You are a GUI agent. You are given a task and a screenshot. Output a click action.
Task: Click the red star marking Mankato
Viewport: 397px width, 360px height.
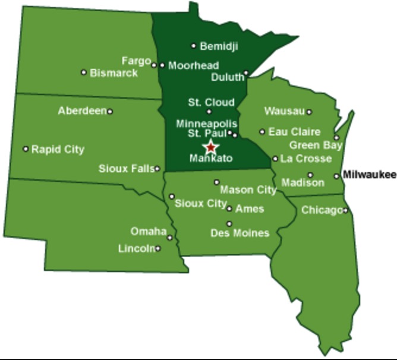[x=210, y=147]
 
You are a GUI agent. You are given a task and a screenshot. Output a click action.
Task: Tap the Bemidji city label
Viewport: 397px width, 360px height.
[x=219, y=46]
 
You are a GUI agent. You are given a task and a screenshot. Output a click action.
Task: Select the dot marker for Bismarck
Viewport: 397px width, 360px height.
[x=84, y=72]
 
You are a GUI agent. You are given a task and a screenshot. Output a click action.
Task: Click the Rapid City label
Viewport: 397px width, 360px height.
[x=58, y=149]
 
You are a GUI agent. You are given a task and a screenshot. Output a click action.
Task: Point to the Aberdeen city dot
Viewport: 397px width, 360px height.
[x=110, y=111]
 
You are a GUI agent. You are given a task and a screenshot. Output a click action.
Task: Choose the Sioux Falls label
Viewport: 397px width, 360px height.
[x=126, y=169]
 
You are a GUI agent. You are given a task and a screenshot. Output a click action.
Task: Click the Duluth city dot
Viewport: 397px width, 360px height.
[x=246, y=73]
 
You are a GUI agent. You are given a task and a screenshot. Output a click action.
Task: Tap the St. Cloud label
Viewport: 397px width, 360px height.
[x=211, y=102]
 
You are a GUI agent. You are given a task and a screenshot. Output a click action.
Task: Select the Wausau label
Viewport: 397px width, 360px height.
[x=284, y=111]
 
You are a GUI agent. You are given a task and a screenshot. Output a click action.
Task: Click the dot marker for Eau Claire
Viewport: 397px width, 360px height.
[x=262, y=132]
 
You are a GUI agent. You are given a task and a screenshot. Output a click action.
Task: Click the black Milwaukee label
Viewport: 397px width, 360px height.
[x=369, y=175]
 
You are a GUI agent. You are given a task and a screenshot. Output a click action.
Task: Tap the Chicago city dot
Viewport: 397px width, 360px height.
[x=346, y=210]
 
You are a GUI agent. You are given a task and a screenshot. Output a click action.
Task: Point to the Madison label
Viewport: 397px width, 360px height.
[x=303, y=182]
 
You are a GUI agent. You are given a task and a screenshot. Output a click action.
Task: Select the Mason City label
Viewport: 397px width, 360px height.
[x=248, y=190]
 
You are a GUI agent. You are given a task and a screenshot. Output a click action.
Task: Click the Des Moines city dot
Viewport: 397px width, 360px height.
[x=229, y=224]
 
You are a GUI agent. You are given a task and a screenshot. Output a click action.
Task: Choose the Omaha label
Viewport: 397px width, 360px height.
[x=148, y=231]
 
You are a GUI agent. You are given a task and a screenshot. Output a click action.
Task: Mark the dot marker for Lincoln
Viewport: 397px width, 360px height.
[x=158, y=248]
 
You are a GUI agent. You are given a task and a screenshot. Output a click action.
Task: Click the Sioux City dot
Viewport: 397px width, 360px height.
[x=172, y=196]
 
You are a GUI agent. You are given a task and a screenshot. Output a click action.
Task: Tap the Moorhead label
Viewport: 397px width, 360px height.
[x=193, y=65]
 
